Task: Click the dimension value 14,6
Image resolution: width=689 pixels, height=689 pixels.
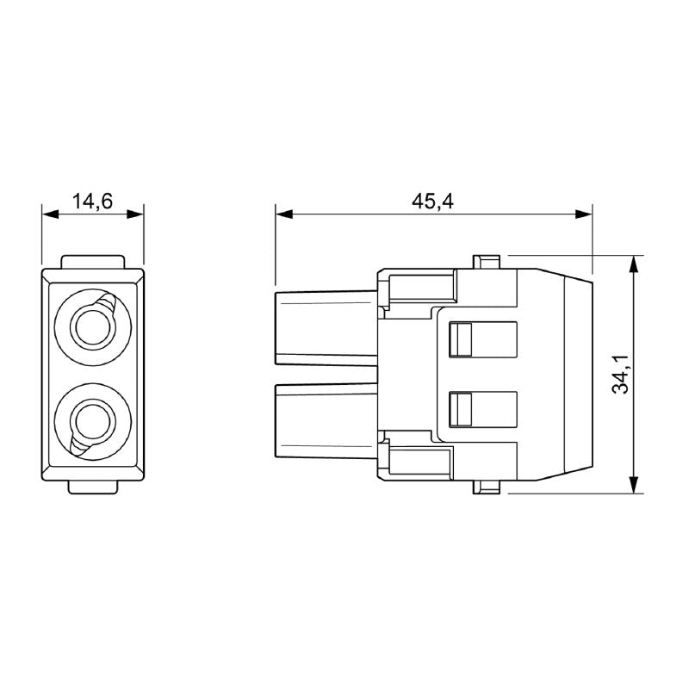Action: [93, 202]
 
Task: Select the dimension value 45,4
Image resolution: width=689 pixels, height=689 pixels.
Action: [433, 202]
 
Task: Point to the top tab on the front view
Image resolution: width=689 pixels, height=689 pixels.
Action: [93, 262]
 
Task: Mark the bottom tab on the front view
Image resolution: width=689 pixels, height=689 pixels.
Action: [93, 487]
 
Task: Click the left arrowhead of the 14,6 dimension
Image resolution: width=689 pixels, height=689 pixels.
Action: [48, 214]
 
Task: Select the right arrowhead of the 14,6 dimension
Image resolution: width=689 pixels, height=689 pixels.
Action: [138, 214]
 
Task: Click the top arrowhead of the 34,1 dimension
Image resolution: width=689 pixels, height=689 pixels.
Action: [635, 262]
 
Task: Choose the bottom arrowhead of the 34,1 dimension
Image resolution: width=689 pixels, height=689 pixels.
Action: [635, 487]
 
